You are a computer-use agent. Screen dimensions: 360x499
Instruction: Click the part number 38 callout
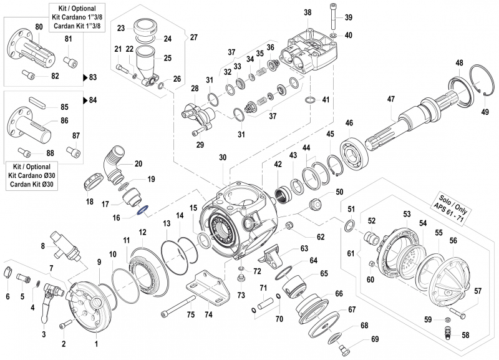(x=308, y=12)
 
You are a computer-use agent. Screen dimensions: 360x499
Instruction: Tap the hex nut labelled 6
(x=8, y=272)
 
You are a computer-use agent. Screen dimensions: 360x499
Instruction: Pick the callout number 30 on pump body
(x=223, y=158)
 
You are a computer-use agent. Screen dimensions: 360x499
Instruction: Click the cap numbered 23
(x=145, y=29)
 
